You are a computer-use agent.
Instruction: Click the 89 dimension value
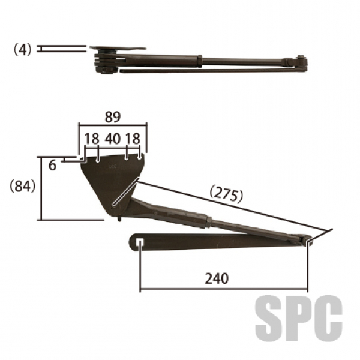pyautogui.click(x=113, y=117)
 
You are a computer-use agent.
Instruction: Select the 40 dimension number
pyautogui.click(x=113, y=139)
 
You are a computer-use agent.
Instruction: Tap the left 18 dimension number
pyautogui.click(x=92, y=139)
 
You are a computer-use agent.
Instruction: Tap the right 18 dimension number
pyautogui.click(x=133, y=139)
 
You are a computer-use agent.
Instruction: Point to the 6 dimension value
pyautogui.click(x=53, y=166)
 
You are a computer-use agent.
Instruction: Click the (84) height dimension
pyautogui.click(x=23, y=186)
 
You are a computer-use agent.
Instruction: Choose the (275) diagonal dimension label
pyautogui.click(x=226, y=196)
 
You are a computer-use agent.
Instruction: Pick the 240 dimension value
pyautogui.click(x=217, y=278)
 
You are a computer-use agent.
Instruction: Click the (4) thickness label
pyautogui.click(x=23, y=50)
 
